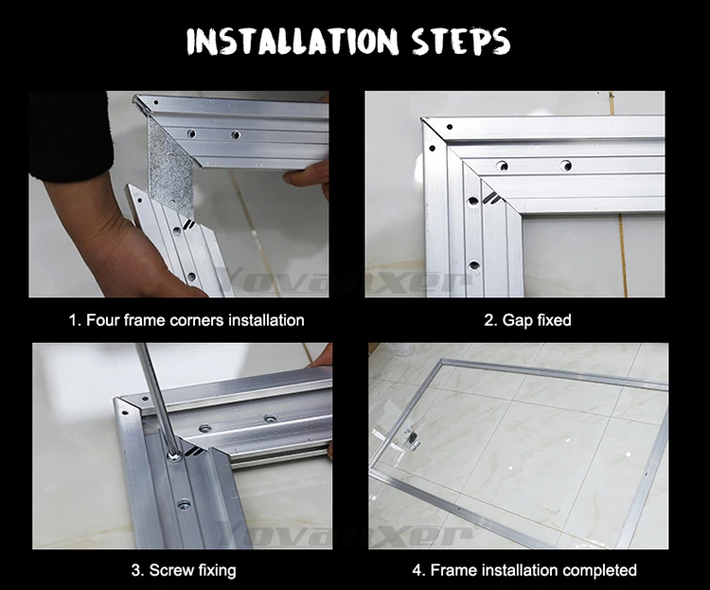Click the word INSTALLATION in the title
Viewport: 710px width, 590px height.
293,42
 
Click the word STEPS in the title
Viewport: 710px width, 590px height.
460,41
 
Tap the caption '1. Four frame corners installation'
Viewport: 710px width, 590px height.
186,320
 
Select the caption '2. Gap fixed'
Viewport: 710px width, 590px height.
527,320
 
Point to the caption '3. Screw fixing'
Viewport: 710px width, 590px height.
184,569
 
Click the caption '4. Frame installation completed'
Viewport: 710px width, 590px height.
524,569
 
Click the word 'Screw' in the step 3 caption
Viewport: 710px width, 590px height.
166,570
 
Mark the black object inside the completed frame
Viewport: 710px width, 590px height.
412,437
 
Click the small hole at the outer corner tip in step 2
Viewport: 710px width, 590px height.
450,127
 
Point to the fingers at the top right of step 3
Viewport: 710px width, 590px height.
320,357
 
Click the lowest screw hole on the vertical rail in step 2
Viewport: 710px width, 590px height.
473,265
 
